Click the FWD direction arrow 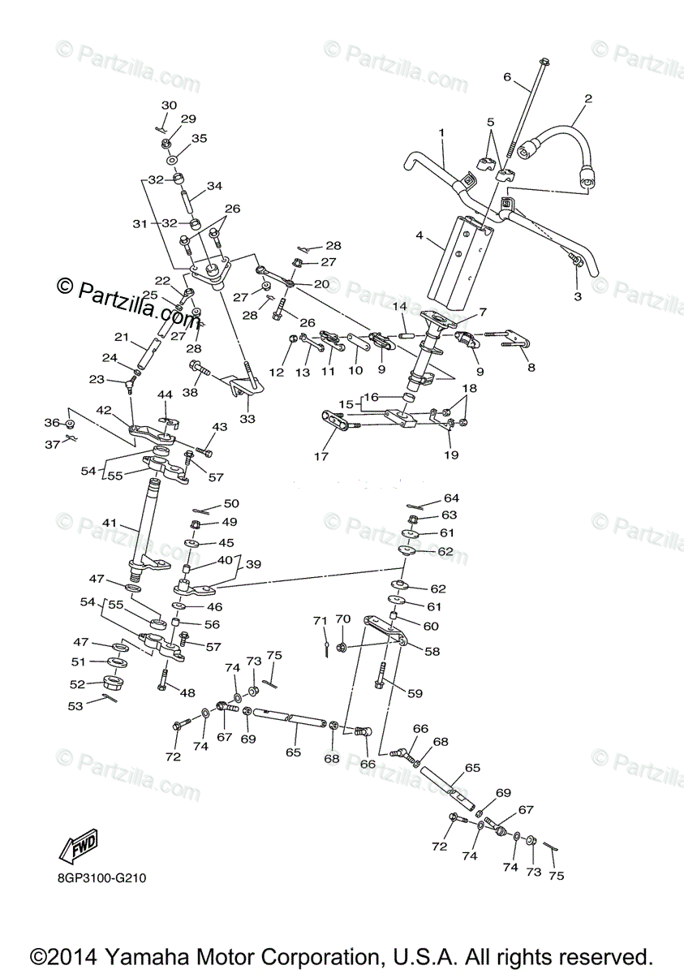[x=78, y=847]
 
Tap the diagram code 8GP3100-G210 [x=102, y=877]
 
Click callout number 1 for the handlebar [x=442, y=131]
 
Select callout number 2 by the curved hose [x=588, y=99]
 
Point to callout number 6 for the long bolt [x=507, y=77]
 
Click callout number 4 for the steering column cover [x=419, y=236]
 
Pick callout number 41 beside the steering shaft [x=110, y=524]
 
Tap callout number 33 [x=247, y=419]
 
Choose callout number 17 [x=321, y=456]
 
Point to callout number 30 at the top [x=169, y=106]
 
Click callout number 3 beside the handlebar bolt [x=578, y=297]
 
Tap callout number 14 [x=399, y=307]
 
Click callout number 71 [x=319, y=621]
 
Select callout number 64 [x=451, y=498]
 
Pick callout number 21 [x=122, y=338]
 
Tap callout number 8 [x=531, y=366]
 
